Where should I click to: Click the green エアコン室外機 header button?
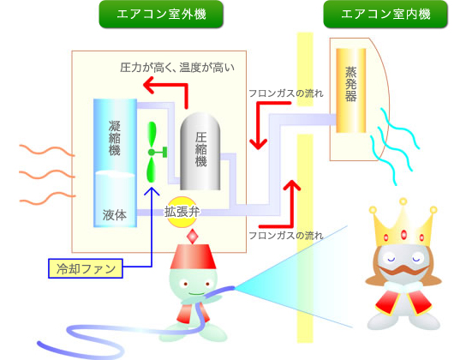[x=161, y=15]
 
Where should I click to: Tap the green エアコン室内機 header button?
[x=385, y=15]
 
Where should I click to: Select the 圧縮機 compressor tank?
[x=200, y=151]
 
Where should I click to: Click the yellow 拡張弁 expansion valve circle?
[x=182, y=212]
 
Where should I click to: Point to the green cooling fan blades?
[x=152, y=152]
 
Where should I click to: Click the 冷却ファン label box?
[x=86, y=268]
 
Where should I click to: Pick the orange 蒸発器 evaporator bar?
[x=351, y=90]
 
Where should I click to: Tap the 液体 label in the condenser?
[x=115, y=215]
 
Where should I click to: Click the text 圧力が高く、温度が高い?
[x=177, y=68]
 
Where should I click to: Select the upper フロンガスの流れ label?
[x=286, y=93]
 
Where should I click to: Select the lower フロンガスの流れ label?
[x=286, y=235]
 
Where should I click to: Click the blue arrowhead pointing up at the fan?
[x=152, y=191]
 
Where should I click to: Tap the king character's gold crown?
[x=403, y=223]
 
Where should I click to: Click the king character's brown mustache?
[x=403, y=270]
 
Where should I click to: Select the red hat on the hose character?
[x=193, y=256]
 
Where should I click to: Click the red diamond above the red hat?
[x=193, y=237]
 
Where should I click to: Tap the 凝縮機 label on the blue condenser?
[x=115, y=138]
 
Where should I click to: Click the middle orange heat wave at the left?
[x=46, y=174]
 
